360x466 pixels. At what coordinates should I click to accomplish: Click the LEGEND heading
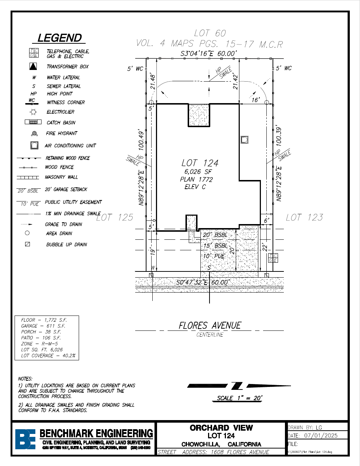[x=59, y=38]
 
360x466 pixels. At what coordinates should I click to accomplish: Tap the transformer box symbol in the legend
[x=33, y=67]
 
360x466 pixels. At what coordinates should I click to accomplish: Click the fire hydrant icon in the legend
[x=34, y=134]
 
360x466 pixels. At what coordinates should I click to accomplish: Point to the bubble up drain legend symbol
[x=27, y=244]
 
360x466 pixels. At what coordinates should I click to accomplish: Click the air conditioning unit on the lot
[x=244, y=140]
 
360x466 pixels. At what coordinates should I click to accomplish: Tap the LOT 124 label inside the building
[x=200, y=163]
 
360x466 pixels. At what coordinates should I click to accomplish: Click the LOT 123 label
[x=304, y=218]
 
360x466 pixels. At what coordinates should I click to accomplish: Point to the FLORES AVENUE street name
[x=210, y=325]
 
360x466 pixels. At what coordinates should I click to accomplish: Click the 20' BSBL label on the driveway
[x=215, y=235]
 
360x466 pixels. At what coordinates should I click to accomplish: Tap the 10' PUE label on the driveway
[x=214, y=256]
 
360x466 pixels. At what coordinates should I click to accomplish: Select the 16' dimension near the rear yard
[x=255, y=99]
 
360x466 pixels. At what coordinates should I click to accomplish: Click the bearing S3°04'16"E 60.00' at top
[x=209, y=54]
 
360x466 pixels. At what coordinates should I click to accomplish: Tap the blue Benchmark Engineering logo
[x=25, y=439]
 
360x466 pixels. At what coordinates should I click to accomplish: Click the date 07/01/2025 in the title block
[x=321, y=435]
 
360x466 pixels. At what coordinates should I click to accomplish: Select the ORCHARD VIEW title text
[x=221, y=428]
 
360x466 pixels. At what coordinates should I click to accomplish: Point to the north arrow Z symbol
[x=237, y=385]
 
